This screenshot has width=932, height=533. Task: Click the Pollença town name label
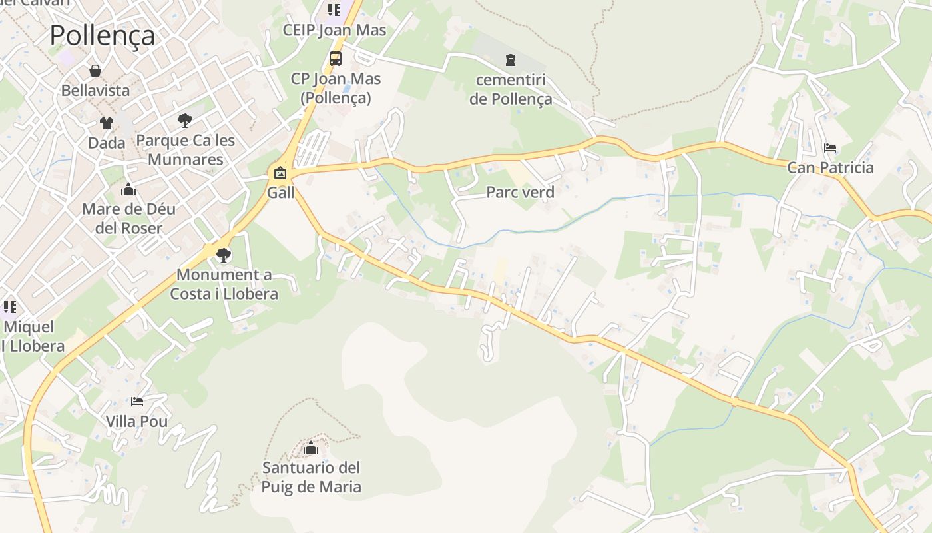(103, 35)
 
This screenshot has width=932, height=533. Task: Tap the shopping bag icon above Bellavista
(95, 71)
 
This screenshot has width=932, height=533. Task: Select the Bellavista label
(95, 90)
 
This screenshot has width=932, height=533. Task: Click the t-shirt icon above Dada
(107, 123)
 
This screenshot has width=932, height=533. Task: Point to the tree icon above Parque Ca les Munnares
(185, 121)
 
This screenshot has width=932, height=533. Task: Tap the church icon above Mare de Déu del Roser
(128, 190)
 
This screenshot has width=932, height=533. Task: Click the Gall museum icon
(280, 173)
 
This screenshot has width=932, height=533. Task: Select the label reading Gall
(280, 193)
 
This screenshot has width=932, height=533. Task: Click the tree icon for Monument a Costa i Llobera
(224, 255)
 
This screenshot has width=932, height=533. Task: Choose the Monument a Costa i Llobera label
(224, 284)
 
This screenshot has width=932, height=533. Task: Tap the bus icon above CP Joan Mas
(336, 59)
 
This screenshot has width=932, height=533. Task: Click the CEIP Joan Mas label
(334, 30)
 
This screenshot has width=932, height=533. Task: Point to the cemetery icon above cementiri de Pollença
(510, 61)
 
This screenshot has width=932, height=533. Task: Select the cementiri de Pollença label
(511, 90)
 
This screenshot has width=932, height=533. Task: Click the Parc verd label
(520, 193)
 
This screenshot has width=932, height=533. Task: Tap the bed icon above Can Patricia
(829, 147)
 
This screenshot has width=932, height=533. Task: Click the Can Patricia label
(830, 167)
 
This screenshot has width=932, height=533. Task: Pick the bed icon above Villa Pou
(137, 402)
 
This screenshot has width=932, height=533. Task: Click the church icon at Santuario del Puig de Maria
(311, 448)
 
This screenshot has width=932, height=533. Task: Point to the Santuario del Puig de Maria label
(311, 477)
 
